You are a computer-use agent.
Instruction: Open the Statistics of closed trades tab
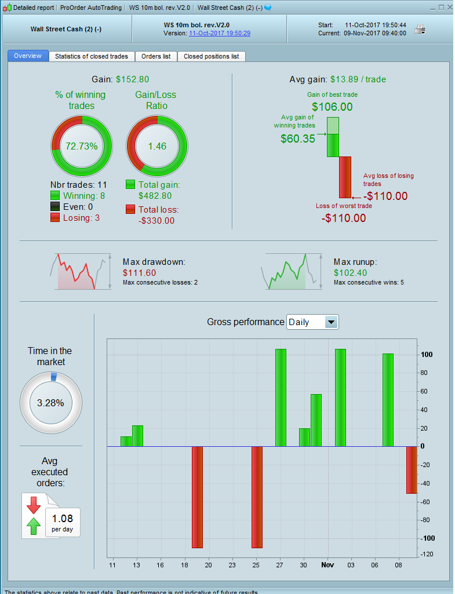[x=92, y=56]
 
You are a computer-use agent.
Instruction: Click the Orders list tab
[x=156, y=56]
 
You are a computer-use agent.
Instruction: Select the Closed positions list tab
[x=211, y=56]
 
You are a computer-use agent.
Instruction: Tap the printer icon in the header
[x=420, y=29]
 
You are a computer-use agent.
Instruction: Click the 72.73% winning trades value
[x=82, y=146]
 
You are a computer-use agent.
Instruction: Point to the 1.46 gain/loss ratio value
[x=156, y=146]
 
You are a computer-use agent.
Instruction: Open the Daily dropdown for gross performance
[x=331, y=322]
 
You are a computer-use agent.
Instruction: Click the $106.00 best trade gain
[x=332, y=107]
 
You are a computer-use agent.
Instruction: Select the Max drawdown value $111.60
[x=140, y=272]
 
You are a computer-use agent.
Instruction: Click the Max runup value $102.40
[x=350, y=272]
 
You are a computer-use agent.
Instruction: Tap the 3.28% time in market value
[x=50, y=403]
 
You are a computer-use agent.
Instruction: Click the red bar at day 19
[x=197, y=497]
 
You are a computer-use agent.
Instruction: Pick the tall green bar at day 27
[x=281, y=398]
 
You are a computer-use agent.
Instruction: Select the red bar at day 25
[x=257, y=497]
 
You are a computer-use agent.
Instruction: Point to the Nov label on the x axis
[x=328, y=564]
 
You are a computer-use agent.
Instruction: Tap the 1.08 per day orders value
[x=63, y=518]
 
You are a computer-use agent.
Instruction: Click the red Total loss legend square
[x=131, y=209]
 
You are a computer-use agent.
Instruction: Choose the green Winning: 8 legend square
[x=56, y=196]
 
